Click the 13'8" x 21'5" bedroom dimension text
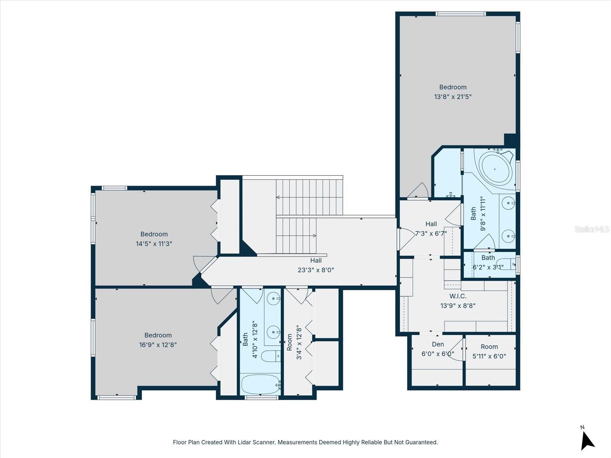(x=453, y=97)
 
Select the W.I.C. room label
(x=458, y=296)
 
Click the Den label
(x=438, y=344)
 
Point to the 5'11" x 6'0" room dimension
(x=489, y=356)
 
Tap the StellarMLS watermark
(x=592, y=229)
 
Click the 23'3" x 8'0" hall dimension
(x=316, y=270)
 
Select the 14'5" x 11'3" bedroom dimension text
(x=154, y=244)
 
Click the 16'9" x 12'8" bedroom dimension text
(x=158, y=345)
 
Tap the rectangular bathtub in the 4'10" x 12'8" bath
(x=260, y=384)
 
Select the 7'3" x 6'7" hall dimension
(x=431, y=234)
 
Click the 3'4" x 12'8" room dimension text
(x=299, y=342)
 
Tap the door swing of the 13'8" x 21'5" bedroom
(x=419, y=191)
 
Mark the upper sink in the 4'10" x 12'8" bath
(x=273, y=299)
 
